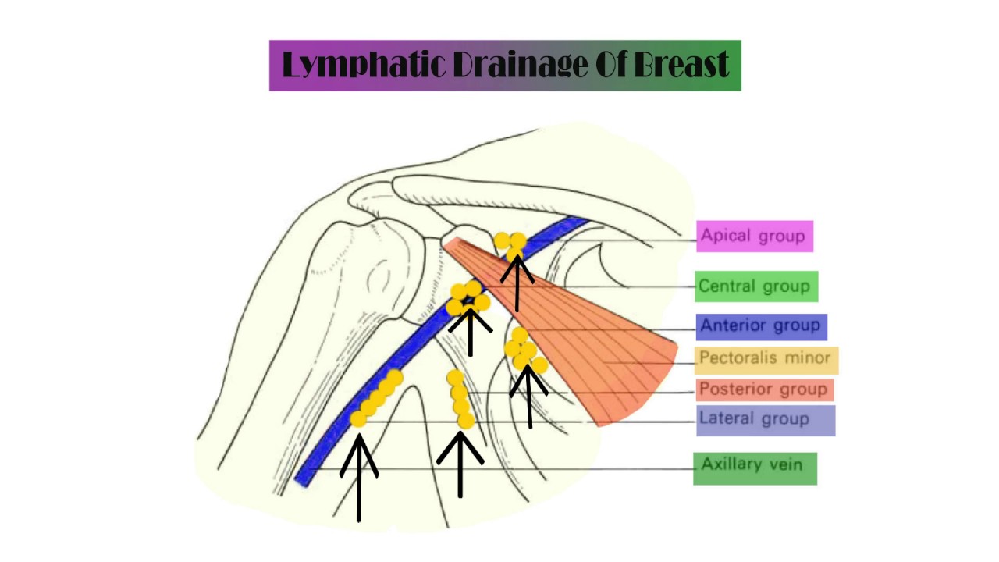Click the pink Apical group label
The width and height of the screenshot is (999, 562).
(754, 236)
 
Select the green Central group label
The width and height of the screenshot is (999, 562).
(755, 286)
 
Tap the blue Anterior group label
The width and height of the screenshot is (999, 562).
(761, 325)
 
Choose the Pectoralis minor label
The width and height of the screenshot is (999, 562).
(766, 359)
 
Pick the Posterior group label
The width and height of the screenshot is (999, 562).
(763, 389)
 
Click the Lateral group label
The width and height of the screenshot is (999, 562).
(765, 419)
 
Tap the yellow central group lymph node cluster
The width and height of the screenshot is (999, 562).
(469, 299)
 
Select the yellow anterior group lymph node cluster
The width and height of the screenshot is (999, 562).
(525, 350)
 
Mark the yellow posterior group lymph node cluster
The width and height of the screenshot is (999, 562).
(459, 399)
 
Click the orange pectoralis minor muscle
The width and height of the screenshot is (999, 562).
(593, 336)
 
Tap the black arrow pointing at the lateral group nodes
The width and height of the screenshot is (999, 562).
(359, 476)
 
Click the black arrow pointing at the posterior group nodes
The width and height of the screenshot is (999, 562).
(460, 464)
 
